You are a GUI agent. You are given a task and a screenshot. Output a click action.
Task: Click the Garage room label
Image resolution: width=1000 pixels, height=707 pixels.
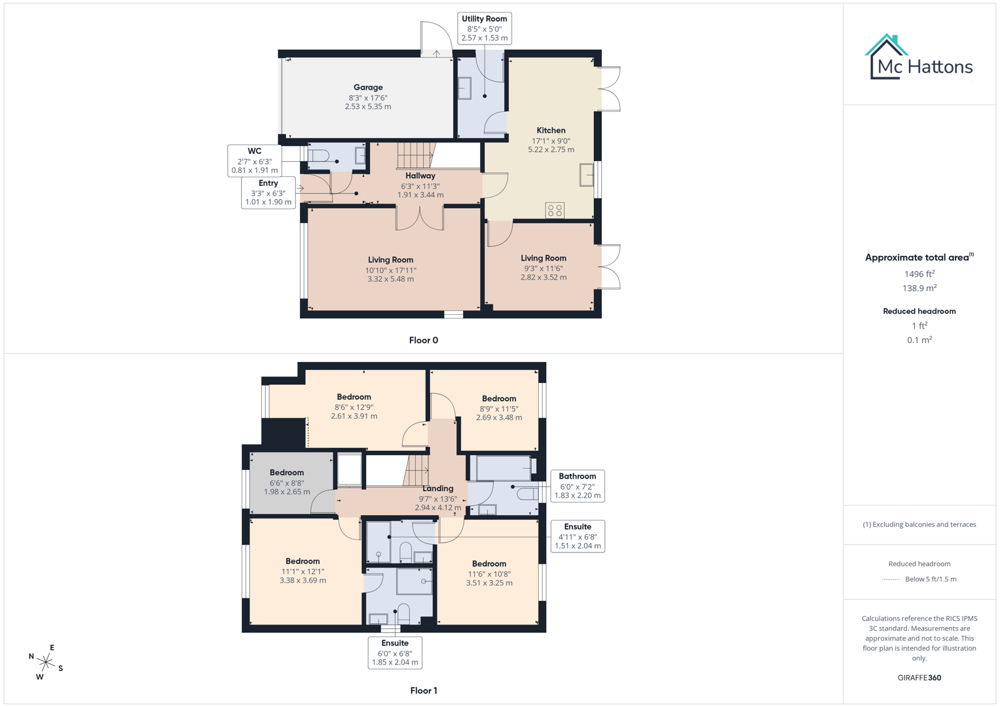[x=368, y=88]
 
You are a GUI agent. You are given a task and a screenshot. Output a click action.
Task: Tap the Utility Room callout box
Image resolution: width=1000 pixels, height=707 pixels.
[x=484, y=28]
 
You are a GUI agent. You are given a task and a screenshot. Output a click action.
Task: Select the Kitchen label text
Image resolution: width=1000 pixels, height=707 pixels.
[x=551, y=130]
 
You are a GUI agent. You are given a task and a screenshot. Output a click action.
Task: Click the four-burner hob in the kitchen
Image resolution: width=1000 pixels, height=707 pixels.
[x=555, y=210]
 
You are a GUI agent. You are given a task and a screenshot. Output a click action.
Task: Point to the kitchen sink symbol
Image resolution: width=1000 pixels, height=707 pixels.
[x=586, y=175]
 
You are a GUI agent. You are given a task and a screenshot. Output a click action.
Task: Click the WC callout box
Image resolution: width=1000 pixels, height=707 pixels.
[x=254, y=160]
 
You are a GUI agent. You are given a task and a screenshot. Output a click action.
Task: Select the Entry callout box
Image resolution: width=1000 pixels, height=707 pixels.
[x=268, y=192]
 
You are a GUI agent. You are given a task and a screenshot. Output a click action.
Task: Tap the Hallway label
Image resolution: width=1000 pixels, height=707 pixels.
[x=420, y=175]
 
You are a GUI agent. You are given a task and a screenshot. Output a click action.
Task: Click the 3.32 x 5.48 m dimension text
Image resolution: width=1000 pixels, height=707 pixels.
[x=390, y=280]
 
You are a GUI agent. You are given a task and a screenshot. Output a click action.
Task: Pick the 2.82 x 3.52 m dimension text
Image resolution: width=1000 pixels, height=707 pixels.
[x=544, y=278]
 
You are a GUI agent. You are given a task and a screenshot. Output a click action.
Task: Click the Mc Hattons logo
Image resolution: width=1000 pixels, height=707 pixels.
[x=919, y=59]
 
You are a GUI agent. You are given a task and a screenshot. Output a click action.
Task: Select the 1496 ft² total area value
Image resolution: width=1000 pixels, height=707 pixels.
[x=919, y=274]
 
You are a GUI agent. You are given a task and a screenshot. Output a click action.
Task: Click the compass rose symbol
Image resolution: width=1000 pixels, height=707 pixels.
[x=46, y=662]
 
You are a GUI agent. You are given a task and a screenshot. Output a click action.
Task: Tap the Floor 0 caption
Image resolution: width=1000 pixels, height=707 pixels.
[x=423, y=340]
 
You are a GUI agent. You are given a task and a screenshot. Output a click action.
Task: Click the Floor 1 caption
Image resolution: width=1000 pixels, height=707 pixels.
[x=423, y=691]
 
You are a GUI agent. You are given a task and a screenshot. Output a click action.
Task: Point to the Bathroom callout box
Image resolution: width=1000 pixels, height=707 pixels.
[x=577, y=486]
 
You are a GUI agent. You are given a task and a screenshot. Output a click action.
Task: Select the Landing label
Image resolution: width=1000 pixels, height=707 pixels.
[x=437, y=488]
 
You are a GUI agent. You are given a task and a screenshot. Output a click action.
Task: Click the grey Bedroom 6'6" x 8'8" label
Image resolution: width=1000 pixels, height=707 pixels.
[x=287, y=473]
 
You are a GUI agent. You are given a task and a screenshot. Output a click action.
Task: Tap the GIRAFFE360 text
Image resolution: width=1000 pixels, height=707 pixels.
[x=919, y=678]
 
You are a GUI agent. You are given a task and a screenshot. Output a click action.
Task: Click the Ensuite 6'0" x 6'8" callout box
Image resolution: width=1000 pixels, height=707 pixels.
[x=394, y=653]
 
